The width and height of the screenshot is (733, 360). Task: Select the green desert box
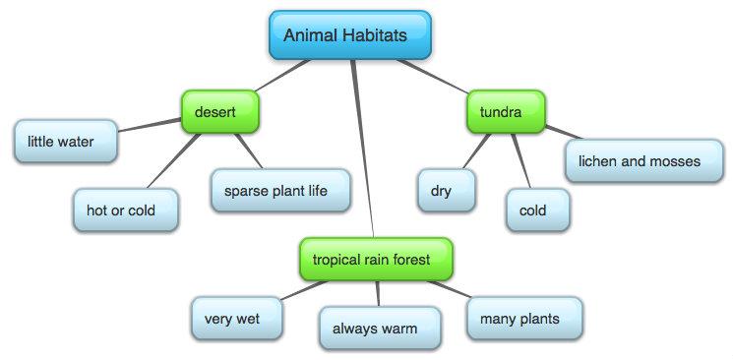(x=218, y=113)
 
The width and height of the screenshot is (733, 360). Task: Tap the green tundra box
(x=506, y=113)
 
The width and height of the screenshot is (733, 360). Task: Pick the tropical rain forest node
(x=376, y=260)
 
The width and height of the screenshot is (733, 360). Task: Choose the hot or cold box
(x=126, y=210)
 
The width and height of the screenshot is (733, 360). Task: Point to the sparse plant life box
(x=280, y=190)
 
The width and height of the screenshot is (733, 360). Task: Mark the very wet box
(x=236, y=319)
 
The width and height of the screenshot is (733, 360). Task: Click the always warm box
(x=379, y=328)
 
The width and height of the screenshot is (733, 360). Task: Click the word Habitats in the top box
(x=380, y=35)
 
